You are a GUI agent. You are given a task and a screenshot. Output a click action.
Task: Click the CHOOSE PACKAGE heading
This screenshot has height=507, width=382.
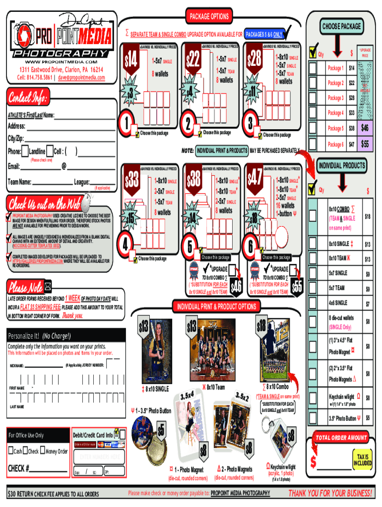pyautogui.click(x=342, y=26)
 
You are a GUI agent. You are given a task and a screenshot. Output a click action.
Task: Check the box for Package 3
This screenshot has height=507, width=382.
pyautogui.click(x=313, y=98)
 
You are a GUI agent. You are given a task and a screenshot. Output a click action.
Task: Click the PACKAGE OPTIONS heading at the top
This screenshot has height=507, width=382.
pyautogui.click(x=209, y=16)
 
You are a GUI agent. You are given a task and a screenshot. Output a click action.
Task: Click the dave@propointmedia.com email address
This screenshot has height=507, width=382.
pyautogui.click(x=81, y=78)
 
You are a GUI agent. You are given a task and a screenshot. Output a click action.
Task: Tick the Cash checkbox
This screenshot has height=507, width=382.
pyautogui.click(x=10, y=451)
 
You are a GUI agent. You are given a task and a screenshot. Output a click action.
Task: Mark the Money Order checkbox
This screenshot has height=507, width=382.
pyautogui.click(x=41, y=451)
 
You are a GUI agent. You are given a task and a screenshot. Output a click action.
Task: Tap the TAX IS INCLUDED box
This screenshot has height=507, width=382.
pyautogui.click(x=363, y=459)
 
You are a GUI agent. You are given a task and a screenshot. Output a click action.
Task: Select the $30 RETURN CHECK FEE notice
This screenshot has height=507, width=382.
pyautogui.click(x=54, y=494)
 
